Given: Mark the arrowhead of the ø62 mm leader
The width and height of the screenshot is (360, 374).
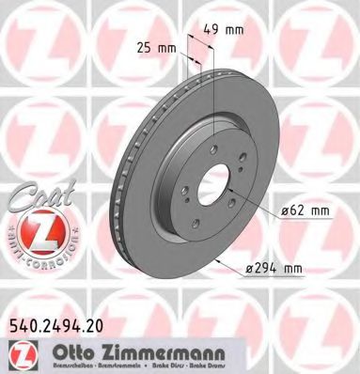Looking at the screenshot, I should pyautogui.click(x=236, y=191).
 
